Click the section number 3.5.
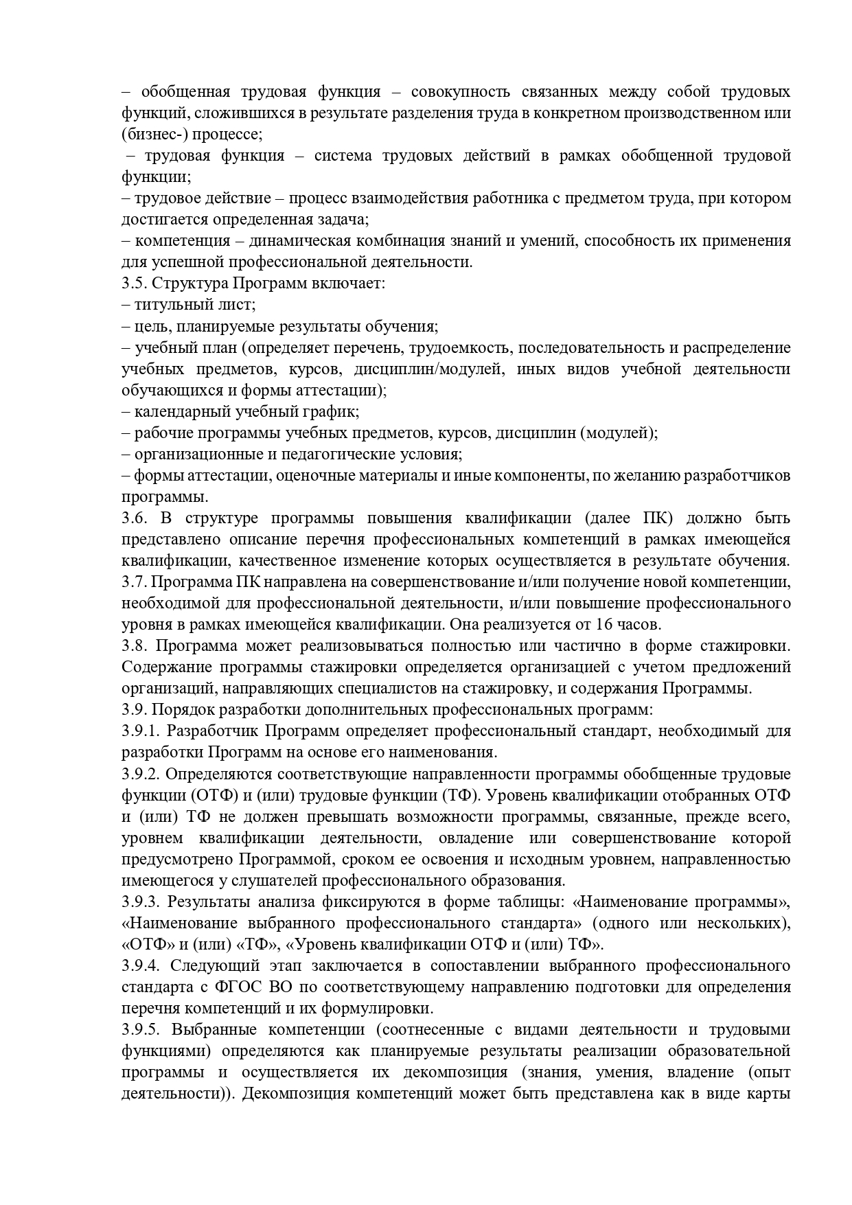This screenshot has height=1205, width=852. click(133, 284)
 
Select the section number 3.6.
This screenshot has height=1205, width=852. click(133, 518)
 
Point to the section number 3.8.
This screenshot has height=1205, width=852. click(133, 646)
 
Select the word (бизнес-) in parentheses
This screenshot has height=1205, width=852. click(153, 134)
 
